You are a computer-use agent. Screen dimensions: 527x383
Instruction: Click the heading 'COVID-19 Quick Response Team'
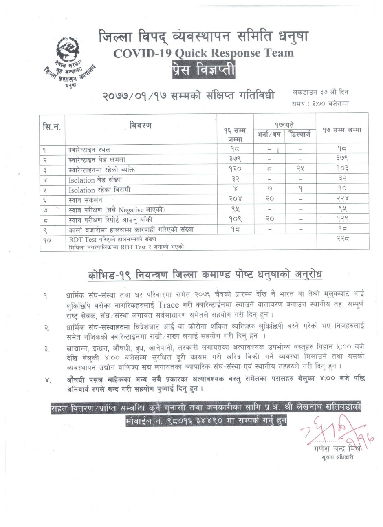(x=203, y=53)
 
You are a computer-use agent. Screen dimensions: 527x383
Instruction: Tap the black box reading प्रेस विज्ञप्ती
(x=203, y=68)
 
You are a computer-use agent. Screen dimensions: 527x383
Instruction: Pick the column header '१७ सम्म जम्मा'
(x=342, y=130)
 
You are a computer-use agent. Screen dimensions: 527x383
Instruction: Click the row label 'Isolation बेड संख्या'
(x=95, y=180)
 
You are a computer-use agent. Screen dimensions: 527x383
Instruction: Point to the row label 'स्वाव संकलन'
(x=85, y=200)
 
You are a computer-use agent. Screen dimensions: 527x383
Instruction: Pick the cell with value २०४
(x=233, y=200)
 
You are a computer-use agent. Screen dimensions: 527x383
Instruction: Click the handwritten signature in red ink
(x=334, y=432)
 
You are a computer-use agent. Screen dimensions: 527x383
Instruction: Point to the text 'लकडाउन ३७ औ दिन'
(x=321, y=93)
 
